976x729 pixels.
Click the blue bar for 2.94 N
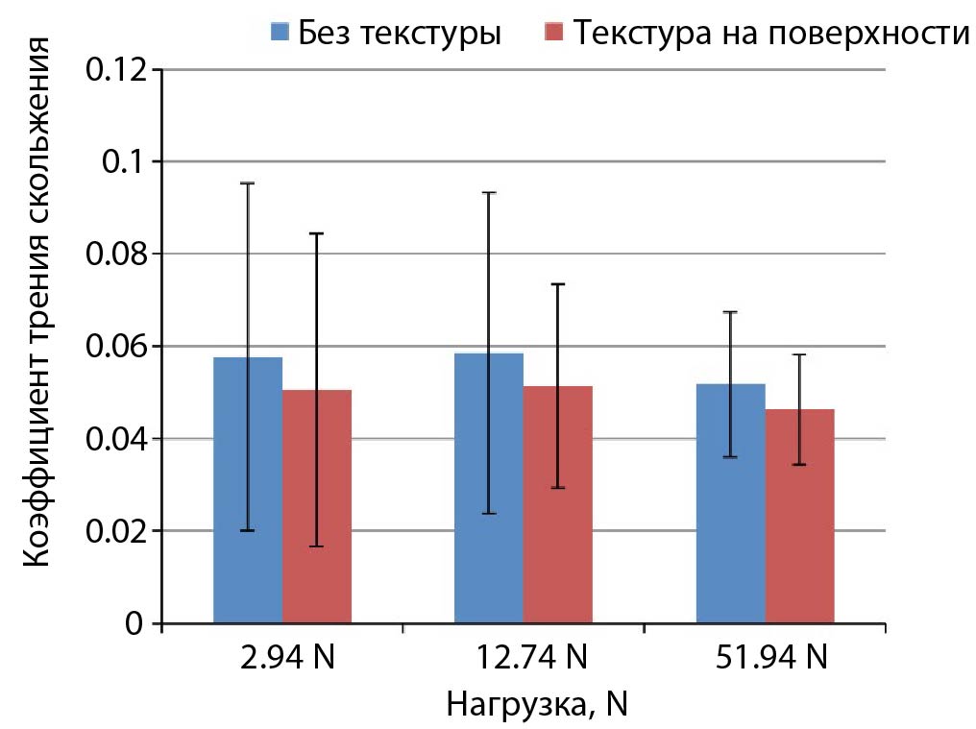(x=248, y=490)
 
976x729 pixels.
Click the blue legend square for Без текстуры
(x=280, y=34)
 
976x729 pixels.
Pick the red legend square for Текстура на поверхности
(x=554, y=34)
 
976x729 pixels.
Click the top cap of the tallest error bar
(x=248, y=183)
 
